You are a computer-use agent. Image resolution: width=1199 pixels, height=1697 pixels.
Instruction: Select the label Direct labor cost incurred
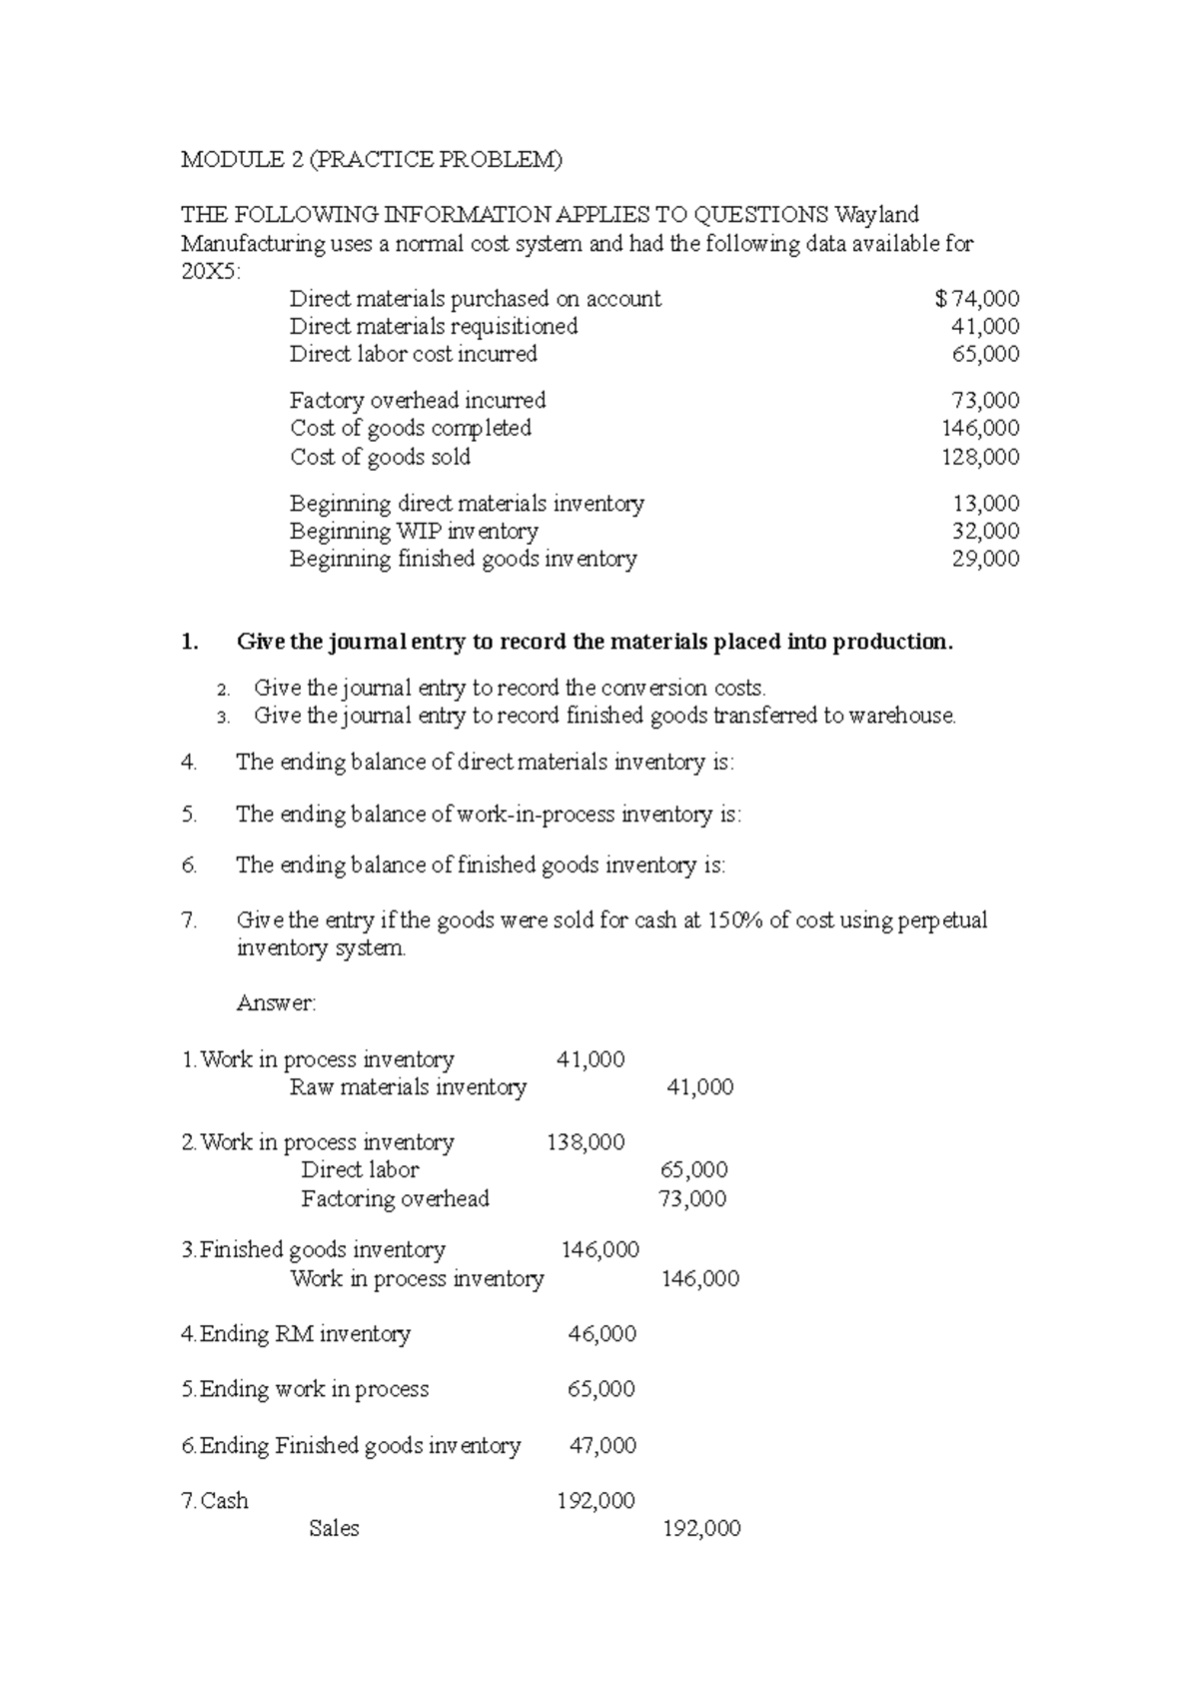pyautogui.click(x=413, y=354)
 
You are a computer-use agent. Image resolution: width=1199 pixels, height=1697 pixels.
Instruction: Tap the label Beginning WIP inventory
pyautogui.click(x=414, y=532)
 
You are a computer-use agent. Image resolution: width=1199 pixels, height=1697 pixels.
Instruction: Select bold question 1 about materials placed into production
pyautogui.click(x=594, y=642)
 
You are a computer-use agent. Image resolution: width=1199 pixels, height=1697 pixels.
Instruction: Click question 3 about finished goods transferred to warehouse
pyautogui.click(x=604, y=716)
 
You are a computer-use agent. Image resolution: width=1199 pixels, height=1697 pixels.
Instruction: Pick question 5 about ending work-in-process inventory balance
pyautogui.click(x=488, y=815)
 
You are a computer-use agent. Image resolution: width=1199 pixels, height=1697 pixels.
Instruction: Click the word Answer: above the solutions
pyautogui.click(x=276, y=1003)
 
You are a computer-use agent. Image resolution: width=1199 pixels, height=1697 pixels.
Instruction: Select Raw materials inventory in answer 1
pyautogui.click(x=408, y=1087)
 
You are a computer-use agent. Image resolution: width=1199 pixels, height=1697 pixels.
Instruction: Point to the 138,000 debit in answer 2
pyautogui.click(x=586, y=1142)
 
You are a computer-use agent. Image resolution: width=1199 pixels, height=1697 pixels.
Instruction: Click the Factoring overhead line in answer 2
pyautogui.click(x=395, y=1198)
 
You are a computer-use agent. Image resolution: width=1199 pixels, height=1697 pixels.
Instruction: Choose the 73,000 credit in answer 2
pyautogui.click(x=692, y=1198)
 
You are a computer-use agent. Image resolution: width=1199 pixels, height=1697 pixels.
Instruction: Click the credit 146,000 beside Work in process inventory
pyautogui.click(x=700, y=1279)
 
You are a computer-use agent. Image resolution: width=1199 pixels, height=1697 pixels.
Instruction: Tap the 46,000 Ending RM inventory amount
pyautogui.click(x=601, y=1334)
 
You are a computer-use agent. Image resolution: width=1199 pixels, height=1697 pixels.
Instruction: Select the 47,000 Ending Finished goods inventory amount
pyautogui.click(x=602, y=1446)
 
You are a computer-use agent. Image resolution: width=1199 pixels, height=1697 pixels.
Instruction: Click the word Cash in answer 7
pyautogui.click(x=224, y=1501)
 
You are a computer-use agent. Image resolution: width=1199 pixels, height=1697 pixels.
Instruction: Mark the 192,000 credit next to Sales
pyautogui.click(x=701, y=1529)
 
